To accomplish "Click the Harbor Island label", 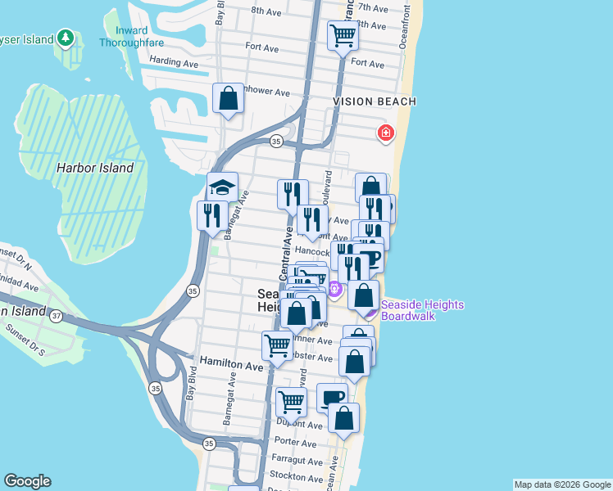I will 95,168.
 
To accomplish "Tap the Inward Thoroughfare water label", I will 132,37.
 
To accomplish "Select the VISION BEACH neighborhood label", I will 375,101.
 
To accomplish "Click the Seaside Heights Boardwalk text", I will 422,310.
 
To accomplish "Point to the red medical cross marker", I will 385,133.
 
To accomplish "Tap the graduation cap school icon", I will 222,187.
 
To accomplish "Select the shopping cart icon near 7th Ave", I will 342,35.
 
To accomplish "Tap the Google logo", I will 27,481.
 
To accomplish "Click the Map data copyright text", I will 561,484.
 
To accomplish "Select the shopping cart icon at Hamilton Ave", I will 277,345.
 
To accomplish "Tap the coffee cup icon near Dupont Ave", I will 332,398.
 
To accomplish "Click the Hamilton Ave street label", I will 229,368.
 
